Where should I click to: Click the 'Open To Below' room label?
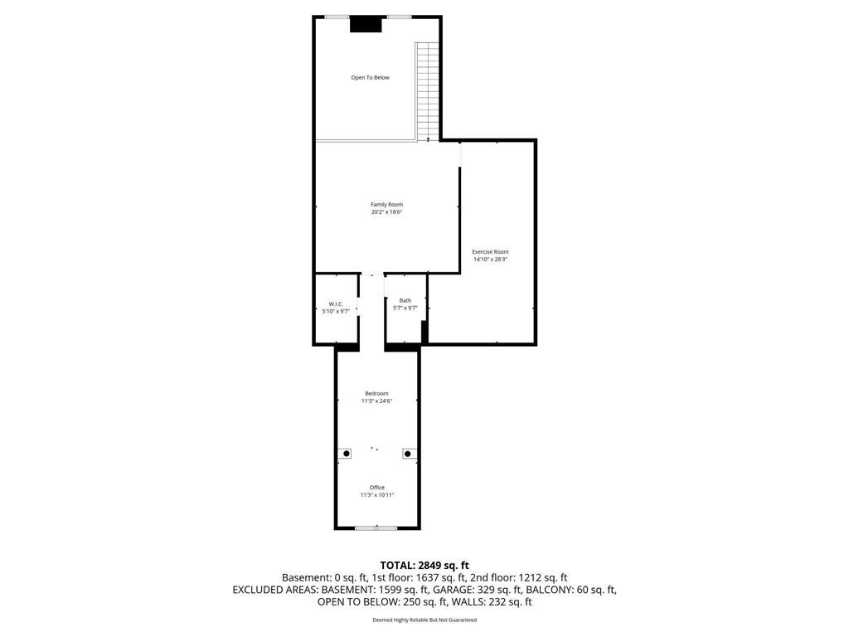click(x=370, y=78)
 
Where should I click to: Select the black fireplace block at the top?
click(x=365, y=25)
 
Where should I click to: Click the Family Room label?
click(x=386, y=204)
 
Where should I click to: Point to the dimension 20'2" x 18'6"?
click(x=386, y=212)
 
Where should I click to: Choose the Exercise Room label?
click(x=490, y=251)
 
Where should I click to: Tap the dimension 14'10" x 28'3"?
click(x=490, y=260)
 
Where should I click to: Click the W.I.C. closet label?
click(x=336, y=304)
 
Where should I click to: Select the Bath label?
click(x=405, y=300)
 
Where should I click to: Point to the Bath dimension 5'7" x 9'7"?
click(x=405, y=309)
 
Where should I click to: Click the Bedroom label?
click(x=376, y=393)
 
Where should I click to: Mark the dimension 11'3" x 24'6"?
click(x=376, y=401)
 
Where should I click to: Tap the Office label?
click(x=377, y=487)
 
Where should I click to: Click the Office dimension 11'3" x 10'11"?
click(x=377, y=495)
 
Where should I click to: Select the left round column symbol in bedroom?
click(x=346, y=454)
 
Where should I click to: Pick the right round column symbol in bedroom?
click(x=408, y=454)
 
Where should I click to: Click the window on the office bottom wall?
click(x=376, y=528)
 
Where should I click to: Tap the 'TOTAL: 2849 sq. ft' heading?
click(x=424, y=565)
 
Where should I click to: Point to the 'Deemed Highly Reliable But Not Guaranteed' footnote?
click(x=424, y=620)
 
